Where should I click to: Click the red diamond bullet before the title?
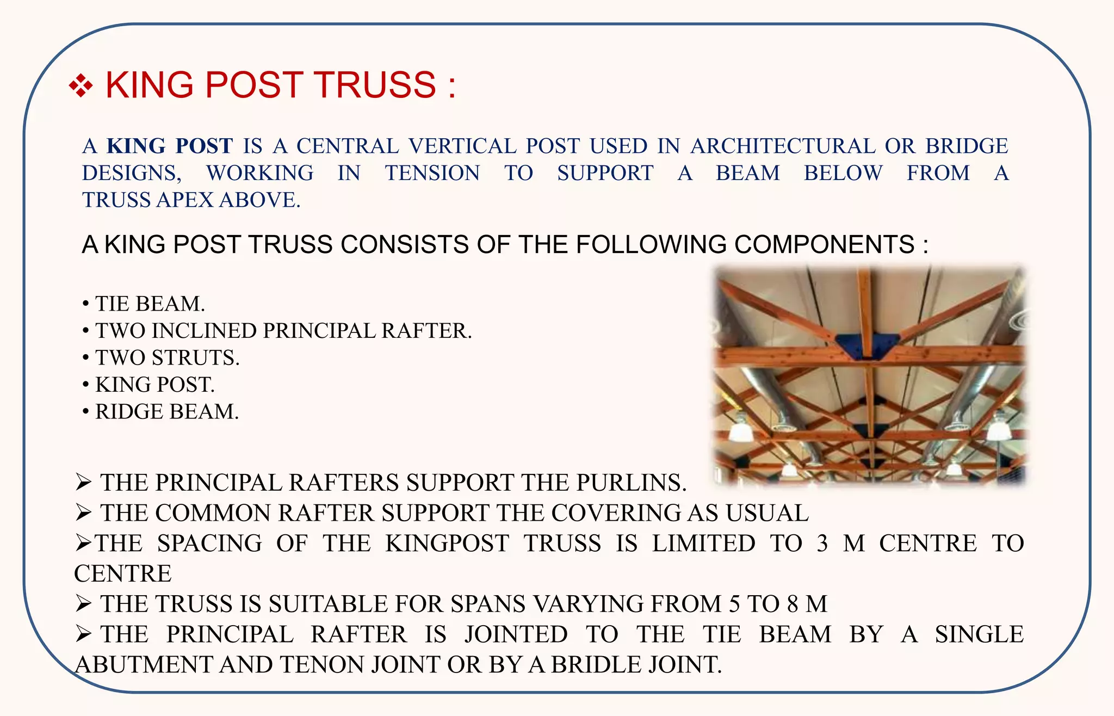click(x=81, y=86)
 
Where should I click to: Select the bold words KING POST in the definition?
click(x=170, y=146)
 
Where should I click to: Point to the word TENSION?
click(x=432, y=173)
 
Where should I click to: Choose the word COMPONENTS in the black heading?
click(x=824, y=244)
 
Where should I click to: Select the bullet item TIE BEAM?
click(x=150, y=304)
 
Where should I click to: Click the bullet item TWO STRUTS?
click(x=168, y=357)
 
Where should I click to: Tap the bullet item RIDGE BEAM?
click(x=167, y=412)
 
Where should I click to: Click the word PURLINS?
click(x=630, y=483)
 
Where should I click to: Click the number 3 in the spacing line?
click(x=822, y=544)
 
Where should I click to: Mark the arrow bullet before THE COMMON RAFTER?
click(x=83, y=513)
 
